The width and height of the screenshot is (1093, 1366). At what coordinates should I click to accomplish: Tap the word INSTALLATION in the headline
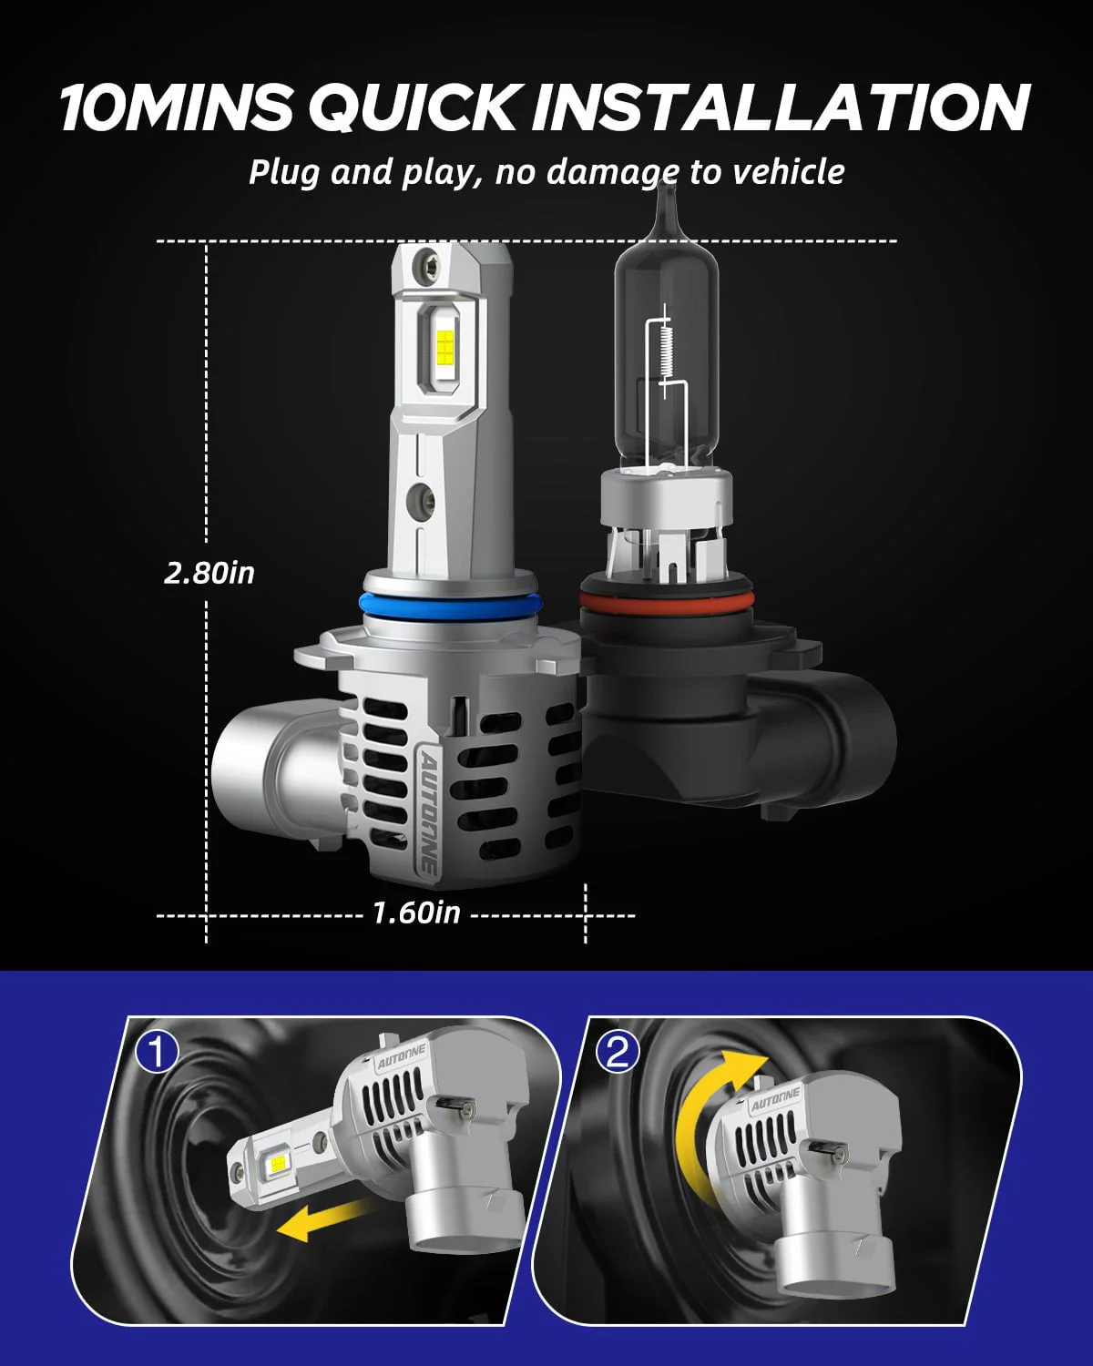(781, 107)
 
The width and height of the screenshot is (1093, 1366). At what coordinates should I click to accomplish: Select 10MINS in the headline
(176, 107)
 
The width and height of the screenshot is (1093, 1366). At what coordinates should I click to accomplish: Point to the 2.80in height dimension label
(209, 573)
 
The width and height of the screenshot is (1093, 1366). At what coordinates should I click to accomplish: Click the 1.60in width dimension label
(416, 912)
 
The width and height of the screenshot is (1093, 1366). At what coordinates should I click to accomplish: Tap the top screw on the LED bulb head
(425, 265)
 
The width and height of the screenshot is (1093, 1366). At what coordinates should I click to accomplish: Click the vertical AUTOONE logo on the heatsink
(427, 810)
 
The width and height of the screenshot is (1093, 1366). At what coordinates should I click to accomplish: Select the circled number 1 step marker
(158, 1052)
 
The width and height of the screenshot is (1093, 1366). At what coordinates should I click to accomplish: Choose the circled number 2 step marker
(618, 1052)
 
